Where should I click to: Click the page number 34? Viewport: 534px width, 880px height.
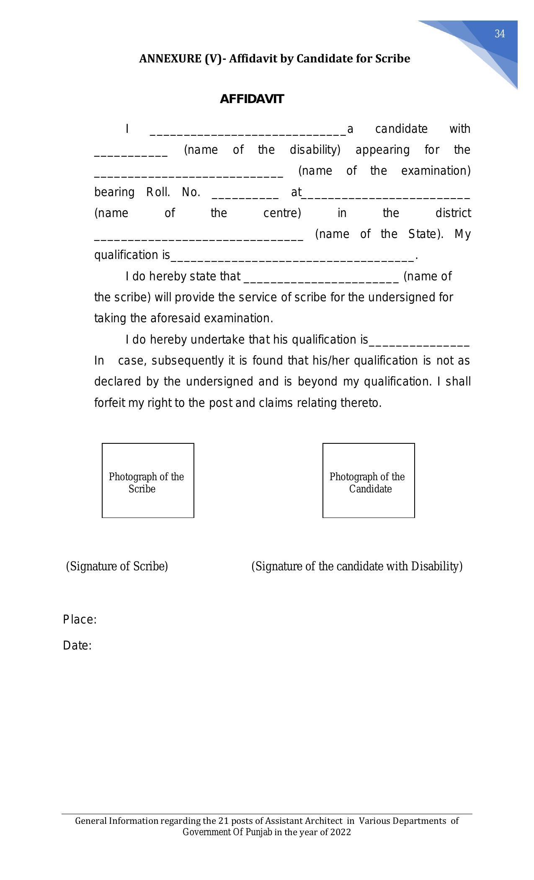click(499, 34)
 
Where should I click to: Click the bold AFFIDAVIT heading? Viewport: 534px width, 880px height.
click(252, 99)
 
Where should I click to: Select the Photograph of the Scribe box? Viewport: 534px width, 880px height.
click(148, 480)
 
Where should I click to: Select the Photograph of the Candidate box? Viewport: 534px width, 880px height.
click(368, 480)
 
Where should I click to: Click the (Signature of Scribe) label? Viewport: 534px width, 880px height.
click(117, 566)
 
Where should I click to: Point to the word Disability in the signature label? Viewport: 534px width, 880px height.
click(436, 566)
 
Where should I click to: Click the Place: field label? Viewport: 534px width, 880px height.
click(80, 619)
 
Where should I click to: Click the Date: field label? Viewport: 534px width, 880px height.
click(77, 645)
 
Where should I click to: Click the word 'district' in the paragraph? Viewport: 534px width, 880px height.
click(453, 213)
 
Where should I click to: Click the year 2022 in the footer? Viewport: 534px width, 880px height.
click(340, 832)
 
